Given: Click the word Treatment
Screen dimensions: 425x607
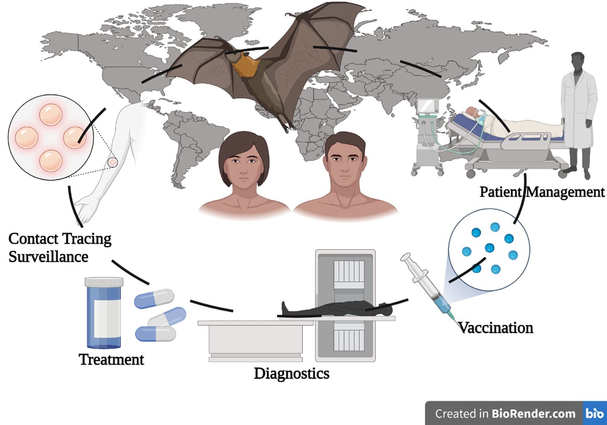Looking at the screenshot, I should (x=111, y=360).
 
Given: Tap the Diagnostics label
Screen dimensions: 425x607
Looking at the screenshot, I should (x=291, y=374).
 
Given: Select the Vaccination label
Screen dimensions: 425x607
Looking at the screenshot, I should (x=495, y=328).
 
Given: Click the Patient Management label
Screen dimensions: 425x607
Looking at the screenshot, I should (x=542, y=192).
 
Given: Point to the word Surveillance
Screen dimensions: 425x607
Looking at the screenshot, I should (x=48, y=257).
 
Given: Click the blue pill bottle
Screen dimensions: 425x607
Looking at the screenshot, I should (x=104, y=315).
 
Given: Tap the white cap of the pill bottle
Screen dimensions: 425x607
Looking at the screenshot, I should (x=104, y=282).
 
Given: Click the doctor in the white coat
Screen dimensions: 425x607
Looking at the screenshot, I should (x=579, y=112).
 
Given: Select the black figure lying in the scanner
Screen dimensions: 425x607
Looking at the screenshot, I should (x=335, y=308).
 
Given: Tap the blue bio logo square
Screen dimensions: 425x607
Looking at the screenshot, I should (x=594, y=413).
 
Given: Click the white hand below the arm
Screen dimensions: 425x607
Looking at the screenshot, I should (x=86, y=209).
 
